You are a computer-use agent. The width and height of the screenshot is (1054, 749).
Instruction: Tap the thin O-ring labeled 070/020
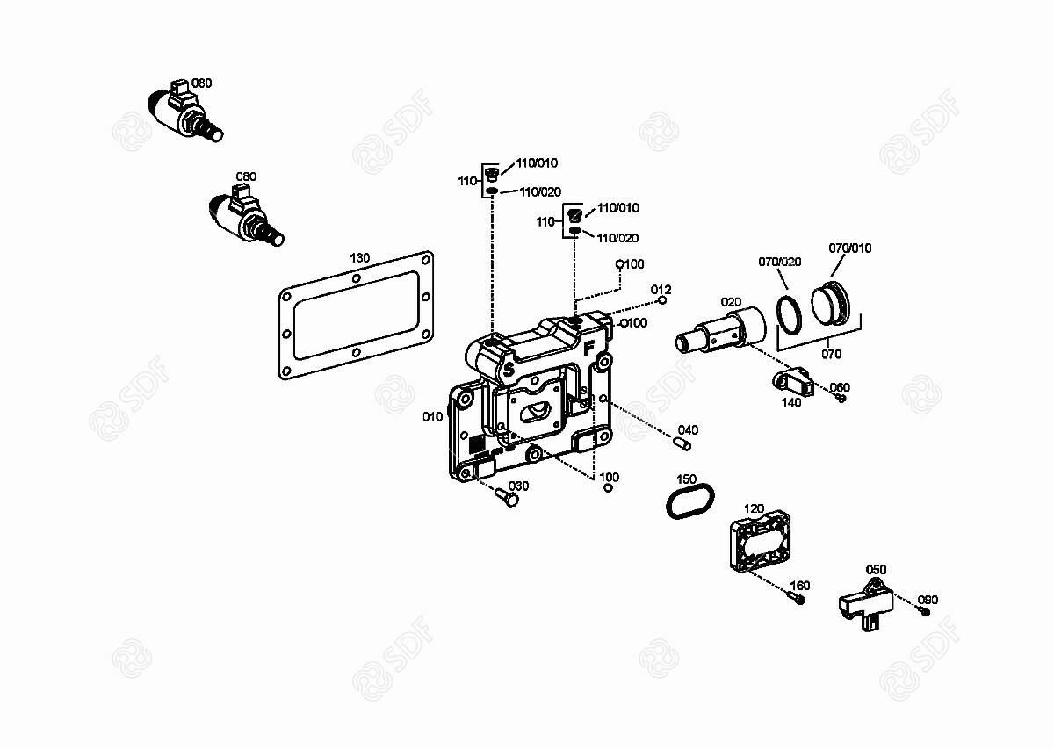pyautogui.click(x=779, y=315)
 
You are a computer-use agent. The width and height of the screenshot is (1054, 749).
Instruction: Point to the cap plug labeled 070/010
pyautogui.click(x=831, y=304)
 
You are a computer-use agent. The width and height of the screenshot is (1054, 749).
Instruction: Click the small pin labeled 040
pyautogui.click(x=682, y=443)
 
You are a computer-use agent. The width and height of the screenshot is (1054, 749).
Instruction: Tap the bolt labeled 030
pyautogui.click(x=507, y=497)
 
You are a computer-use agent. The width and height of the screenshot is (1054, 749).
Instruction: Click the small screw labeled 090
pyautogui.click(x=923, y=611)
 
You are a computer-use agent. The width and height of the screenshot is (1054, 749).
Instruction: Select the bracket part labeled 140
pyautogui.click(x=793, y=381)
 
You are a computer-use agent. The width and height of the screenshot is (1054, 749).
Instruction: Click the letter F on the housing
pyautogui.click(x=588, y=349)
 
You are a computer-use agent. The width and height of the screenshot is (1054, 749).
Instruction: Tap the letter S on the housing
pyautogui.click(x=509, y=369)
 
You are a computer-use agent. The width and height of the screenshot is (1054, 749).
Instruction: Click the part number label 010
pyautogui.click(x=432, y=416)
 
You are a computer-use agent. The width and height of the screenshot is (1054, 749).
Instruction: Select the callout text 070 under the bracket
pyautogui.click(x=831, y=354)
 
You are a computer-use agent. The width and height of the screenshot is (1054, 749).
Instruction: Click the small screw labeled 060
pyautogui.click(x=841, y=398)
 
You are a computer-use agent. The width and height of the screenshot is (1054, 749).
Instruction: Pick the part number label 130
pyautogui.click(x=359, y=258)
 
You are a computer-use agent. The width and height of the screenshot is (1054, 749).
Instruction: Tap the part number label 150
pyautogui.click(x=686, y=479)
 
